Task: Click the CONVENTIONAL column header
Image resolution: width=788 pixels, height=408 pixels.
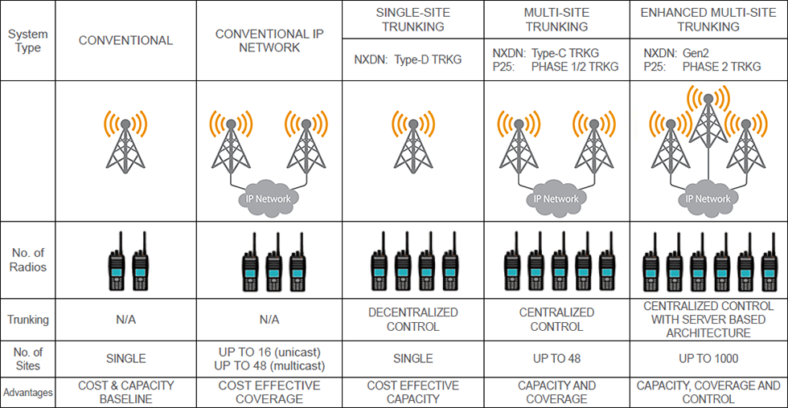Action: [x=125, y=40]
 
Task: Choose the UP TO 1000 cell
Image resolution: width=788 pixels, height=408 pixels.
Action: [x=708, y=358]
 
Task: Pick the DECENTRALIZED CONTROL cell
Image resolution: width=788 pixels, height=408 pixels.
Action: [x=412, y=319]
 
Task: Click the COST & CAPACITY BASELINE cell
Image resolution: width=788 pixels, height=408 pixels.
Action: [x=125, y=392]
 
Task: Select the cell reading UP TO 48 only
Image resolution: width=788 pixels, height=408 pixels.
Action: [x=556, y=358]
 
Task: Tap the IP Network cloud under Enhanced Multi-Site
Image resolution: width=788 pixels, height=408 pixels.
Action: [x=708, y=198]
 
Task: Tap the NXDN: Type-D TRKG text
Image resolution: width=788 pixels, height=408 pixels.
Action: [x=408, y=59]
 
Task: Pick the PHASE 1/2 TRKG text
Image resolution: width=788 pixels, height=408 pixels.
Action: [x=575, y=67]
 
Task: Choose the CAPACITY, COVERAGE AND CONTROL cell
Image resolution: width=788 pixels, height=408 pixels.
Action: [x=708, y=392]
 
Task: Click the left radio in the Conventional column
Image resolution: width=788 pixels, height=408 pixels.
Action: [x=117, y=262]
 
